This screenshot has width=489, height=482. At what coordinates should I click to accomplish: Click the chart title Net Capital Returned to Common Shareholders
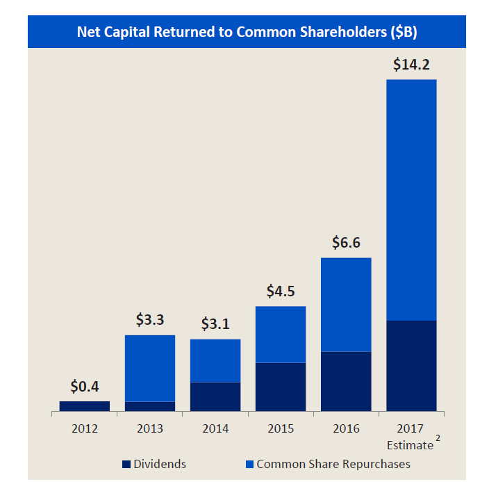[x=247, y=32]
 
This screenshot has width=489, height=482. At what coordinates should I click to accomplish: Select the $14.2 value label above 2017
[x=411, y=65]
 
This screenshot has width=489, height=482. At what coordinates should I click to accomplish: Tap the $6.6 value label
[x=346, y=243]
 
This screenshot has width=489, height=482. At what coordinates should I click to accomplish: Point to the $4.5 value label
[x=280, y=291]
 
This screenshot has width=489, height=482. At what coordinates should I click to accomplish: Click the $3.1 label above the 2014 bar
[x=215, y=324]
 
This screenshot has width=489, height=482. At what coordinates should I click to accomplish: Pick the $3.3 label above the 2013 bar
[x=150, y=320]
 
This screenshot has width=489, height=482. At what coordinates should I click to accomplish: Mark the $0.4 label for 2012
[x=85, y=386]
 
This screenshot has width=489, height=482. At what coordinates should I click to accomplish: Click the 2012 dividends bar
[x=85, y=406]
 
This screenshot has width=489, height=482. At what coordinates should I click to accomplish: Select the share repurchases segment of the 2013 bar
[x=150, y=368]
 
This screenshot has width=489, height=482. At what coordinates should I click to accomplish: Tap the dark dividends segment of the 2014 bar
[x=215, y=396]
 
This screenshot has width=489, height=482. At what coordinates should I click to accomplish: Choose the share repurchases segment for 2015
[x=280, y=335]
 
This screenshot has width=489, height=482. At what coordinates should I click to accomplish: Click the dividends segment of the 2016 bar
[x=346, y=381]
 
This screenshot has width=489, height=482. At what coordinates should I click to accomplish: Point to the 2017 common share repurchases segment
[x=411, y=200]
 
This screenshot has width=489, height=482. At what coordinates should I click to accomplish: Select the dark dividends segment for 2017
[x=411, y=366]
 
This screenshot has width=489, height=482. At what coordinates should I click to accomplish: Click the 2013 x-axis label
[x=150, y=428]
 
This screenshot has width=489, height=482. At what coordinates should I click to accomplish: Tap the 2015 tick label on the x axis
[x=280, y=428]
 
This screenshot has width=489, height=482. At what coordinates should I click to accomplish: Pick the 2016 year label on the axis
[x=346, y=428]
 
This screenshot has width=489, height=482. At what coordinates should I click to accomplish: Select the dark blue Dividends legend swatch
[x=126, y=464]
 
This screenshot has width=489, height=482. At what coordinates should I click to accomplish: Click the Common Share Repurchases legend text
[x=333, y=464]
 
